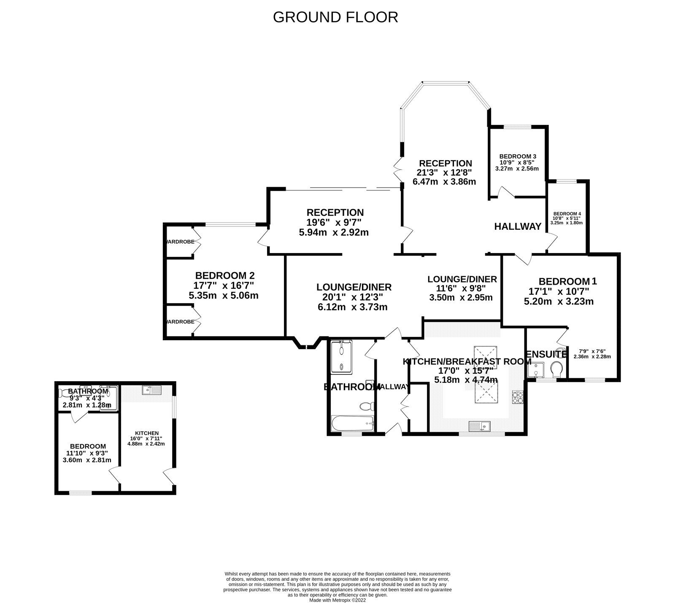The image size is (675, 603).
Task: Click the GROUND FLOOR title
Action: (335, 17)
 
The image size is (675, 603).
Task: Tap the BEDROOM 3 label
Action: (517, 156)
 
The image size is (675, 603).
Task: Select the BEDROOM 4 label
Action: (567, 213)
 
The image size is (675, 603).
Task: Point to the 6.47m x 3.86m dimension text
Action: (444, 182)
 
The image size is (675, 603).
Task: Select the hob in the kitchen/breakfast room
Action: (518, 397)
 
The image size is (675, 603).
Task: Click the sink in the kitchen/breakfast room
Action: (480, 426)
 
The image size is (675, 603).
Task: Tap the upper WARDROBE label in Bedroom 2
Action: (180, 242)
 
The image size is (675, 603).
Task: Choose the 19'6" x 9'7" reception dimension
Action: (334, 223)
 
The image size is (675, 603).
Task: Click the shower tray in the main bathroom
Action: (342, 357)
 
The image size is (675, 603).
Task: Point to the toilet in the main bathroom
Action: (366, 407)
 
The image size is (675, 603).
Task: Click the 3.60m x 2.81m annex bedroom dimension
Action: (87, 460)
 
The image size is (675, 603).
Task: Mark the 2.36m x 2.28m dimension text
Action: (592, 357)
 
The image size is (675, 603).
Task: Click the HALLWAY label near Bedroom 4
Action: (518, 226)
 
